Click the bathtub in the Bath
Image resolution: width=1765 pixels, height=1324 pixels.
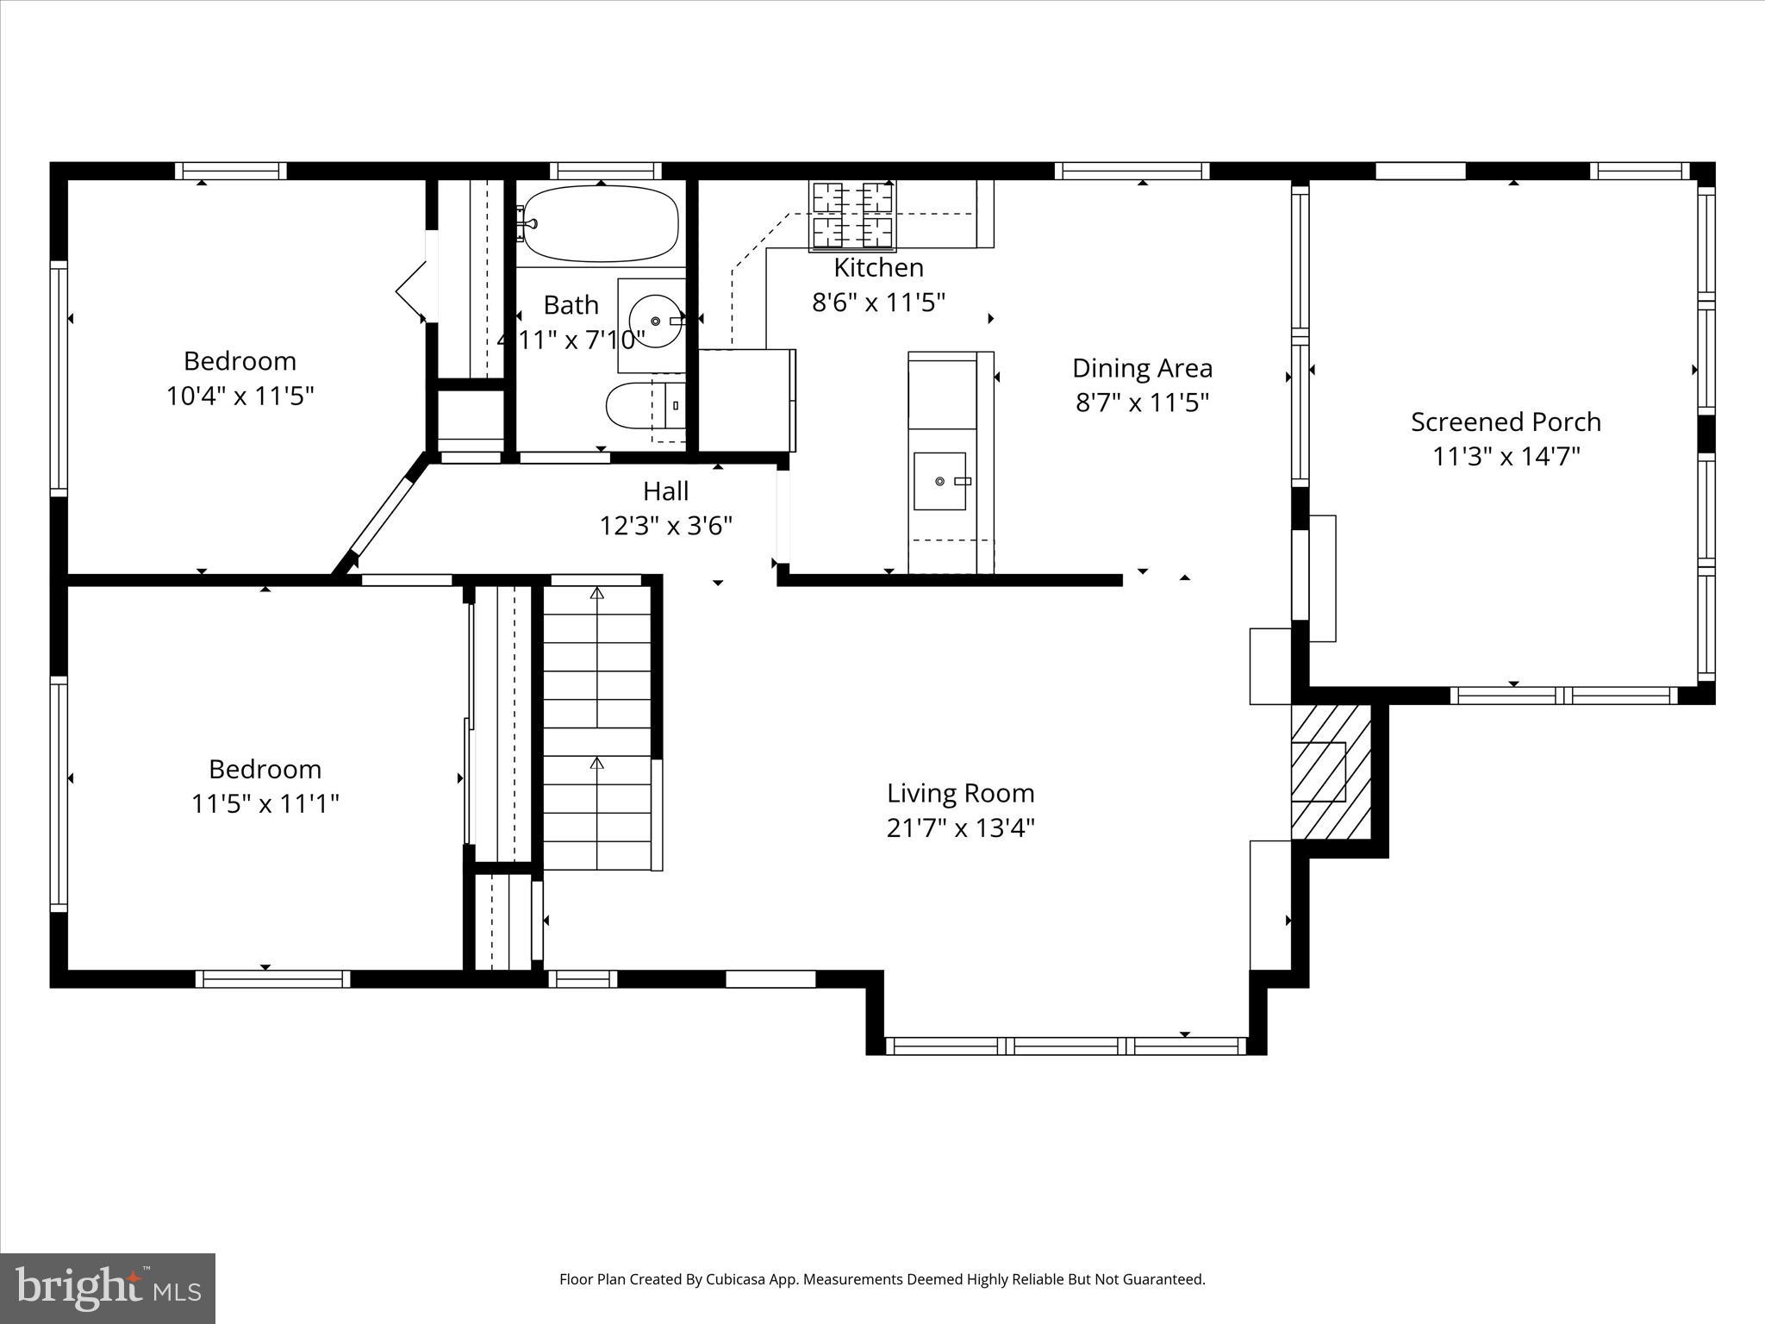point(601,223)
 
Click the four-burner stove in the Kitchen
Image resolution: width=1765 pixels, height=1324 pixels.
point(851,215)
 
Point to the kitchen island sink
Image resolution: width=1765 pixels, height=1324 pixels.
point(939,480)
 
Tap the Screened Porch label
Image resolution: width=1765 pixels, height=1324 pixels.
point(1506,422)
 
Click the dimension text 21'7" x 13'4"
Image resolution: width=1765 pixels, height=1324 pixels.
point(960,828)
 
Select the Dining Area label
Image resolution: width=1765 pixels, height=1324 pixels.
point(1142,368)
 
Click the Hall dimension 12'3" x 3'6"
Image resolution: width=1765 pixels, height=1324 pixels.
point(665,525)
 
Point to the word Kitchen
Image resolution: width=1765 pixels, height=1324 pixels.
point(878,268)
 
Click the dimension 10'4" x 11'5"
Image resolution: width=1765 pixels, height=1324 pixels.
point(240,396)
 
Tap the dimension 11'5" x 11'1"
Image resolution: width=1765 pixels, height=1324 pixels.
point(265,804)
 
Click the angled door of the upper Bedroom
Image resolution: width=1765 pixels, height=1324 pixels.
point(379,517)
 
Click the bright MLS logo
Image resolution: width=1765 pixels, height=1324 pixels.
point(108,1288)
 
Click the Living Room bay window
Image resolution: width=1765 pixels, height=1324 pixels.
point(1066,1046)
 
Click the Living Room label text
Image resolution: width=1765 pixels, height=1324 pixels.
point(960,793)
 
